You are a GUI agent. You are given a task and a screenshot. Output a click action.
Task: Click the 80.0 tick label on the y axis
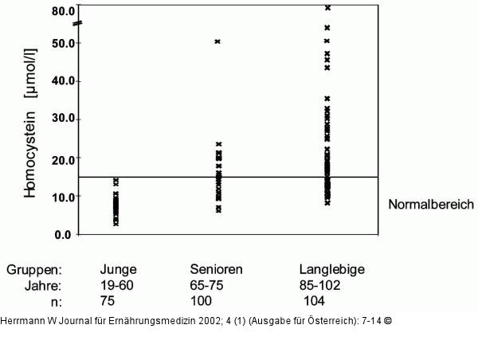[x=64, y=11]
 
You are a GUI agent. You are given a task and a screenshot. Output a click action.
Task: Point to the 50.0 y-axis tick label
[x=64, y=44]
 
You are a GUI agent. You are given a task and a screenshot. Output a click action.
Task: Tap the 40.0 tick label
[x=64, y=81]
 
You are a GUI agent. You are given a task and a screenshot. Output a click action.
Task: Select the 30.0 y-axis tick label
[x=64, y=118]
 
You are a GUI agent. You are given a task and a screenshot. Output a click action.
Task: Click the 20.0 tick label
[x=64, y=160]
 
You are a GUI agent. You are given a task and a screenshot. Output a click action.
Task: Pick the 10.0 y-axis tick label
[x=64, y=198]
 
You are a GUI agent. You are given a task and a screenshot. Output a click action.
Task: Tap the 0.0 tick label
[x=63, y=235]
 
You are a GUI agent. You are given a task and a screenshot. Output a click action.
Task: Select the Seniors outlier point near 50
[x=217, y=41]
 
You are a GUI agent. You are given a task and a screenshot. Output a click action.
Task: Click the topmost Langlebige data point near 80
[x=327, y=8]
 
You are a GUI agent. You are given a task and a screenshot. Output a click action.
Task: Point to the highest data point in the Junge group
[x=116, y=180]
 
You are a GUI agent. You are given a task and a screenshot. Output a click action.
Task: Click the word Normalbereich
[x=431, y=204]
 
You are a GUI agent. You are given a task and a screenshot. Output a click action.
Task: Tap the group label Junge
[x=118, y=269]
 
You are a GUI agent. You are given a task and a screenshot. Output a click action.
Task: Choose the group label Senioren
[x=216, y=269]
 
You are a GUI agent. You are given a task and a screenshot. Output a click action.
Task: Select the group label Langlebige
[x=332, y=269]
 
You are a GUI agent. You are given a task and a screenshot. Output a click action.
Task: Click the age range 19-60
[x=117, y=285]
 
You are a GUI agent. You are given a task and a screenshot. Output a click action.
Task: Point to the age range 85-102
[x=319, y=285]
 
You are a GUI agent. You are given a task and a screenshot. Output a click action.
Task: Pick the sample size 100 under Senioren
[x=201, y=301]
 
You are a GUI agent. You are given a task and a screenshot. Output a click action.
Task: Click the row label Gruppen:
[x=34, y=270]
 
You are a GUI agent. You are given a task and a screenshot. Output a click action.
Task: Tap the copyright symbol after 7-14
[x=388, y=321]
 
